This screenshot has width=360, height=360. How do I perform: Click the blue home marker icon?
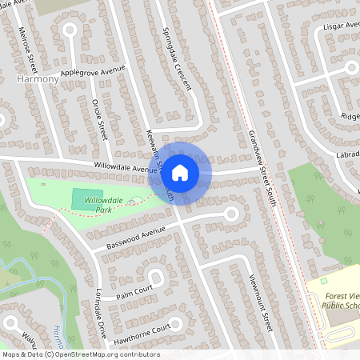[181, 171]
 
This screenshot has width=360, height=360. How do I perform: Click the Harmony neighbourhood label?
[37, 80]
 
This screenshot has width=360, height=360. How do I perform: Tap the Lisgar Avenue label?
[340, 26]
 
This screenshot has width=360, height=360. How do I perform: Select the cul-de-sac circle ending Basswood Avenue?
[232, 214]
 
